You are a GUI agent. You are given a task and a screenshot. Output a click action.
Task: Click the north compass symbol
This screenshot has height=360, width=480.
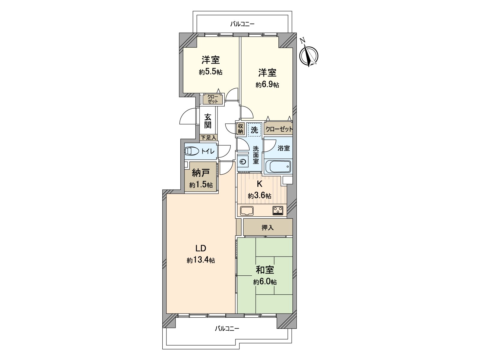pyautogui.click(x=309, y=55)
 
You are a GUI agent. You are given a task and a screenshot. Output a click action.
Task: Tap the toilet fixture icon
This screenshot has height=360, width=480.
pyautogui.click(x=191, y=151)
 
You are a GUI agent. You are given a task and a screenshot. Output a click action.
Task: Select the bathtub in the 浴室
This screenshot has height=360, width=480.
pyautogui.click(x=278, y=166)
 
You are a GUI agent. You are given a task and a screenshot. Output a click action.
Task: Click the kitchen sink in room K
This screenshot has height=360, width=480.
pyautogui.click(x=247, y=211)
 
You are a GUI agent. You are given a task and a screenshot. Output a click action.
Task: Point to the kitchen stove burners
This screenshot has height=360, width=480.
pyautogui.click(x=278, y=210)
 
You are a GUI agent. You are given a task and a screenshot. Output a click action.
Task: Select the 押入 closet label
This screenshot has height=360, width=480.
pyautogui.click(x=268, y=228)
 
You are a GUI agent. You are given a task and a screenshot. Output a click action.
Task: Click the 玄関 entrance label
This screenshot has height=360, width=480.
pyautogui.click(x=208, y=121)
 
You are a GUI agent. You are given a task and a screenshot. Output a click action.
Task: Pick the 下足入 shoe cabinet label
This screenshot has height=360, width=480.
pyautogui.click(x=208, y=138)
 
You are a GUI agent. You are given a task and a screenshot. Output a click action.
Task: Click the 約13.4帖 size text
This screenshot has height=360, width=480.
pyautogui.click(x=201, y=260)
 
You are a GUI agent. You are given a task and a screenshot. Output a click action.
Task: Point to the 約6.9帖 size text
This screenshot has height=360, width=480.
pyautogui.click(x=267, y=85)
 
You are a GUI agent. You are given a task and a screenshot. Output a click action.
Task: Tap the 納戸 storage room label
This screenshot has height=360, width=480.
pyautogui.click(x=200, y=173)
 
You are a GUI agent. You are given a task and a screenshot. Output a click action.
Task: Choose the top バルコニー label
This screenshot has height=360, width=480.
pyautogui.click(x=242, y=24)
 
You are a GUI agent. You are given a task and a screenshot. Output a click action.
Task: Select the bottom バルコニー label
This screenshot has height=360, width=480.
pyautogui.click(x=227, y=328)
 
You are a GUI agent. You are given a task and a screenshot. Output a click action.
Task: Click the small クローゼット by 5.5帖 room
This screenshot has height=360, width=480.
pyautogui.click(x=213, y=99)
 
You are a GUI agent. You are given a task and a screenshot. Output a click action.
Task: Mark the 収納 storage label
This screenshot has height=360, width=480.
pyautogui.click(x=240, y=129)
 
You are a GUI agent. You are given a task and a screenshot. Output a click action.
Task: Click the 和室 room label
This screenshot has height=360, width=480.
pyautogui.click(x=265, y=270)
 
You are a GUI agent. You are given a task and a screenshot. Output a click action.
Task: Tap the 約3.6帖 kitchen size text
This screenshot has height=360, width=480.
pyautogui.click(x=259, y=196)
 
